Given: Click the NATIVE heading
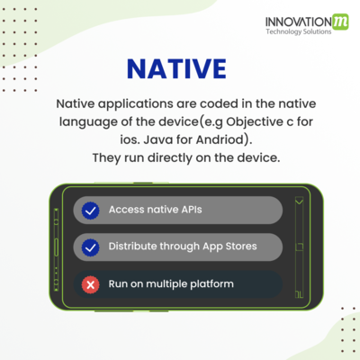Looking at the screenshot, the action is [x=176, y=68].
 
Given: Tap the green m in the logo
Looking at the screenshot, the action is [x=340, y=22].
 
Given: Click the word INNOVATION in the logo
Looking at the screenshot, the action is [x=299, y=22].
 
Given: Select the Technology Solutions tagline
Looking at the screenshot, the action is [x=299, y=31].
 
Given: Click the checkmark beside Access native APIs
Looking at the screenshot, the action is [x=90, y=211].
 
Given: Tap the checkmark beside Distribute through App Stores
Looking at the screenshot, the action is [x=90, y=247].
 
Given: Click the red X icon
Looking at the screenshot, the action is [x=90, y=284].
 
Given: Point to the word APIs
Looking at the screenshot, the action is [x=192, y=210].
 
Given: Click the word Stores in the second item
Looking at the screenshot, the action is [x=241, y=246].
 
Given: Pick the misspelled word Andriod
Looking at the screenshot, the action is [x=220, y=139].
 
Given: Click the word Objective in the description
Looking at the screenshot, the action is [x=255, y=121].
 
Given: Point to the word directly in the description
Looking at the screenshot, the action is [x=170, y=157].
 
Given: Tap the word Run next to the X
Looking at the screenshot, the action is [x=118, y=283].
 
